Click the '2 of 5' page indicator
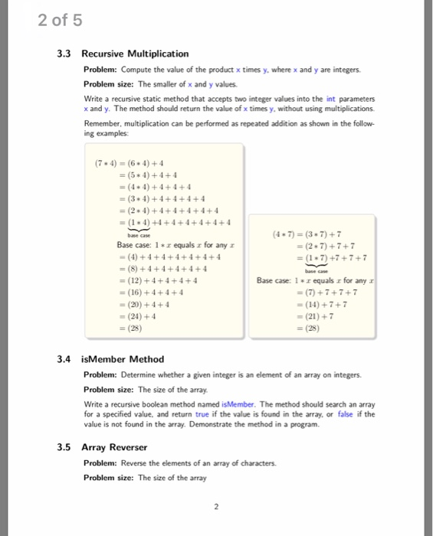point(59,20)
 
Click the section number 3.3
point(64,54)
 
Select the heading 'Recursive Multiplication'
point(135,54)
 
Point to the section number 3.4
point(64,358)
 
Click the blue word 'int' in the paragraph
point(332,98)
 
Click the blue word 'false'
point(346,414)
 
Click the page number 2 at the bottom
point(217,506)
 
